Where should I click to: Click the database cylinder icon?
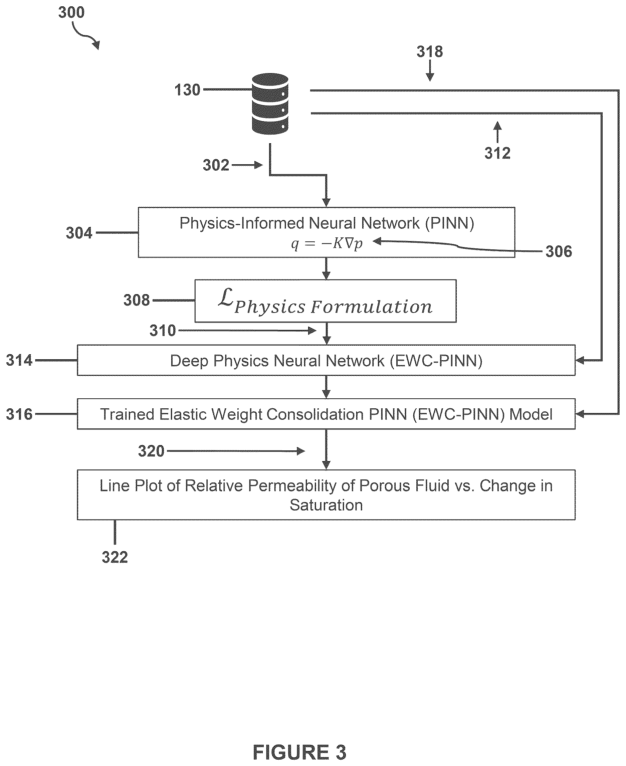coord(270,104)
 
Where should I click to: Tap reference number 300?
coord(71,13)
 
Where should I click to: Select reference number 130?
coord(187,90)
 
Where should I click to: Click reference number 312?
coord(497,153)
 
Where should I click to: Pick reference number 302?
coord(216,165)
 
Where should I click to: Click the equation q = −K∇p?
coord(327,244)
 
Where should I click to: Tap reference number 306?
coord(559,251)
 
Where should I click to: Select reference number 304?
coord(79,233)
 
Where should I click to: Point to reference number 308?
coord(136,300)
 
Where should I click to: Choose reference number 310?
coord(163,331)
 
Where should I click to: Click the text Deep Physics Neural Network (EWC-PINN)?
coord(326,361)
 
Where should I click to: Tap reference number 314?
coord(19,360)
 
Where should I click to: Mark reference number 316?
coord(19,414)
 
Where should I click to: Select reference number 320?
coord(151,451)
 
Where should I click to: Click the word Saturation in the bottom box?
coord(326,505)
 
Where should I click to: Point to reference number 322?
coord(115,558)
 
